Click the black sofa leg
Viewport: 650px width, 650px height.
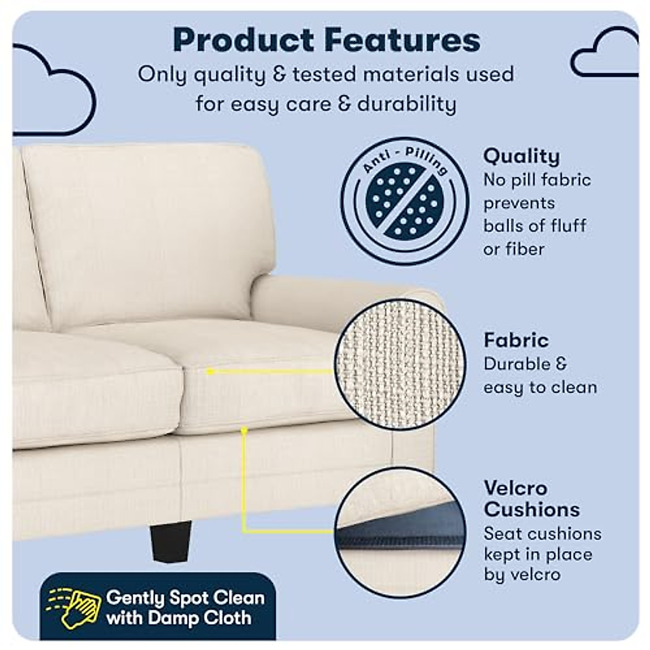click(x=171, y=541)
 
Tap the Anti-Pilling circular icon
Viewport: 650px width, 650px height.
click(x=405, y=201)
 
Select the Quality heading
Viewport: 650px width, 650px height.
click(x=521, y=156)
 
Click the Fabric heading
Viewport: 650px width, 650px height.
click(x=516, y=340)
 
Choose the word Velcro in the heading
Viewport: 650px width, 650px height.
click(x=515, y=488)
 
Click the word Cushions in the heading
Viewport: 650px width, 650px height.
click(x=531, y=509)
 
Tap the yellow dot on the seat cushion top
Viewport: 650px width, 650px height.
click(x=210, y=372)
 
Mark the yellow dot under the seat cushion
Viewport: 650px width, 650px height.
click(x=244, y=430)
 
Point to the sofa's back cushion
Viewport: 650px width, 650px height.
click(x=146, y=227)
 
